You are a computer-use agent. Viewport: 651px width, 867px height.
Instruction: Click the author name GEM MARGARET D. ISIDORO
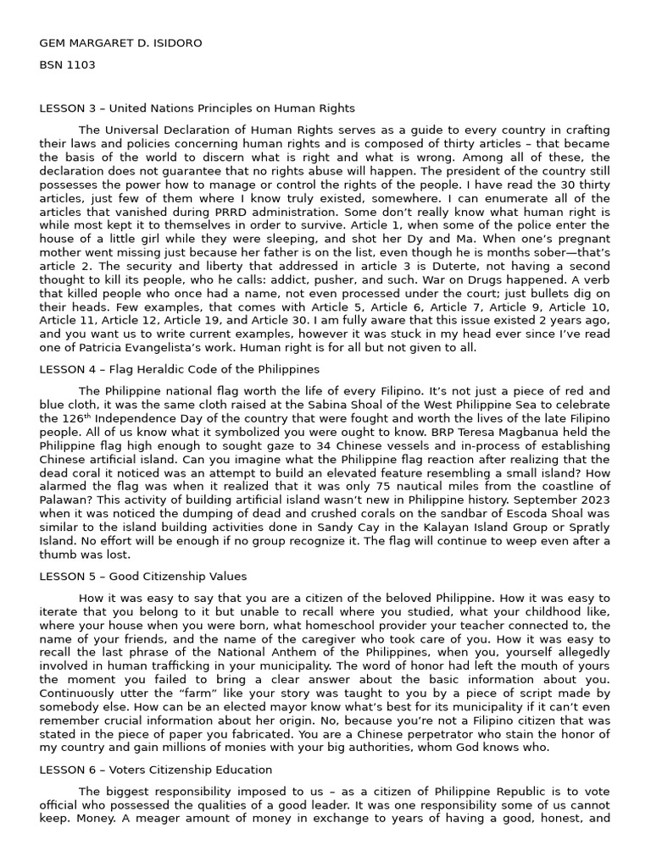(120, 43)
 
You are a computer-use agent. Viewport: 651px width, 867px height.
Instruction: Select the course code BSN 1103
(67, 64)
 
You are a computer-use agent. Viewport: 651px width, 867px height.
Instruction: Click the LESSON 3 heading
(197, 108)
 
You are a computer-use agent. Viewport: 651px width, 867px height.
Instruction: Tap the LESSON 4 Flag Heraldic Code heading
(179, 369)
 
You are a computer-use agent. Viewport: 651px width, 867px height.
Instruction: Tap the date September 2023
(554, 500)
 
